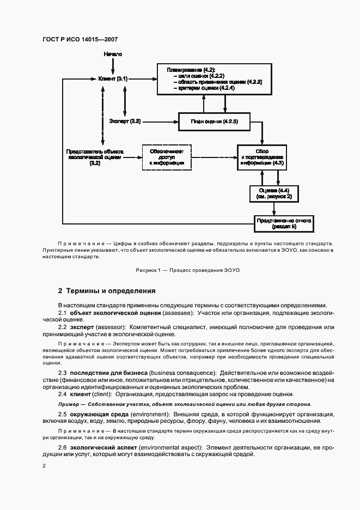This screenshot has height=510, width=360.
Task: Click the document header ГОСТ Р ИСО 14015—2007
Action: click(80, 40)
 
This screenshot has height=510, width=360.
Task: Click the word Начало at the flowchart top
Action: click(113, 55)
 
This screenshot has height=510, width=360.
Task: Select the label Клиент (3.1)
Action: click(113, 80)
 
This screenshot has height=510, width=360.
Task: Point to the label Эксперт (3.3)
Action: click(125, 121)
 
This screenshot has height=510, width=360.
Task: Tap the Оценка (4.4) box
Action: click(274, 192)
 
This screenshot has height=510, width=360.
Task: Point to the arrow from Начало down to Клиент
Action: click(113, 66)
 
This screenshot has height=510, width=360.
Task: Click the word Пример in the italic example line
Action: click(68, 404)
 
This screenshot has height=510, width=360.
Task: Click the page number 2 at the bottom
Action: click(45, 466)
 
